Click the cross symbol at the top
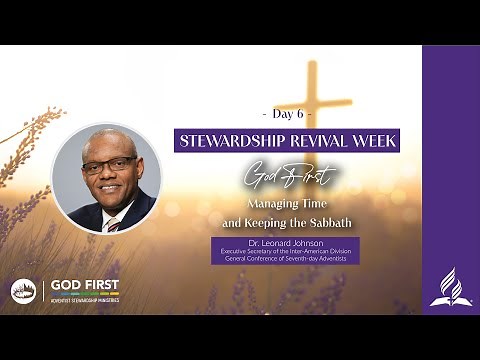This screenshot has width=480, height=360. (x=312, y=95)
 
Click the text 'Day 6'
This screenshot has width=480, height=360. (x=287, y=115)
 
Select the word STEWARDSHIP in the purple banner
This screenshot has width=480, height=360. (x=233, y=140)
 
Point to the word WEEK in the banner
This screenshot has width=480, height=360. (x=374, y=140)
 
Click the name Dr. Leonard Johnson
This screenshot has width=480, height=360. (x=285, y=243)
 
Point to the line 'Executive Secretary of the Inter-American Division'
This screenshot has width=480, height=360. (x=285, y=251)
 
